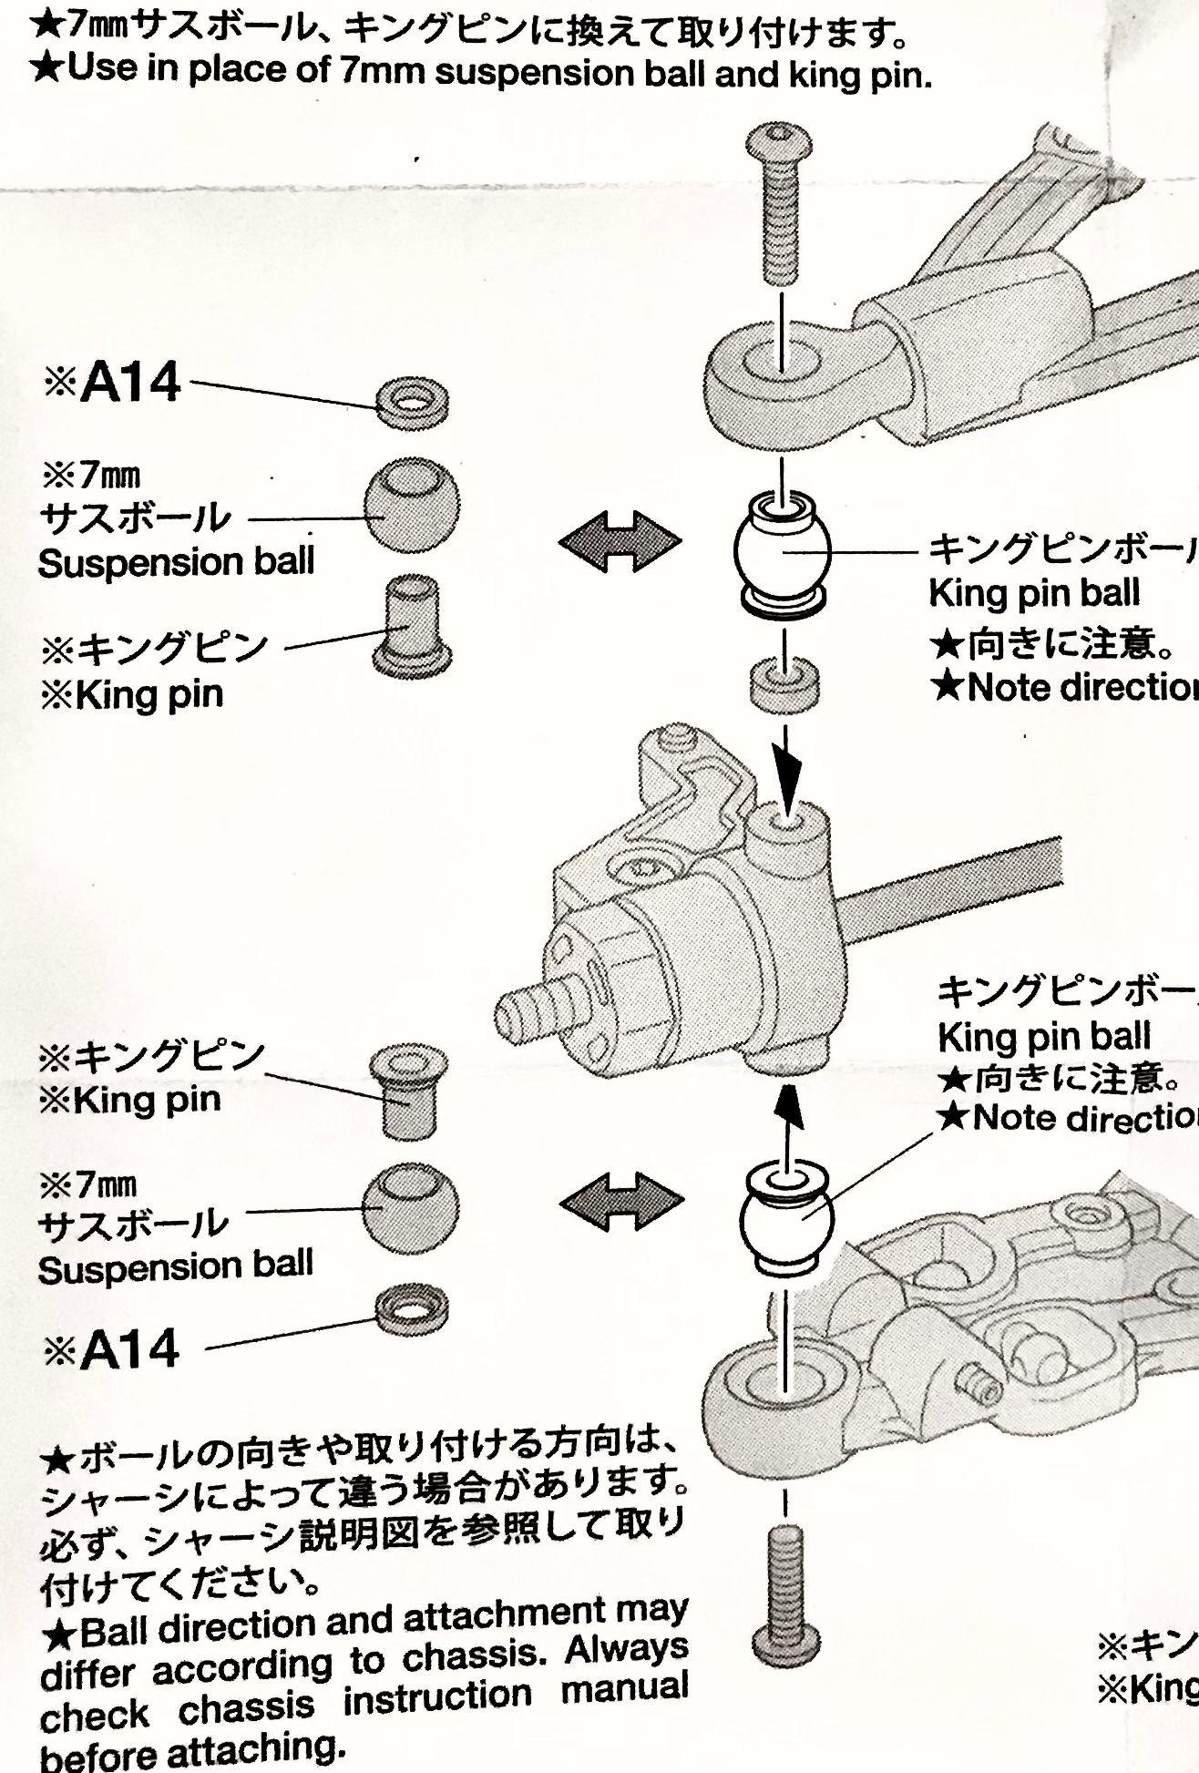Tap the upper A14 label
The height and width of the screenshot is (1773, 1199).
click(130, 384)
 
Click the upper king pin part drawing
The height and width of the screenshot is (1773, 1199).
click(414, 625)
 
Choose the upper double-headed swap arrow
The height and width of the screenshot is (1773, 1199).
click(620, 544)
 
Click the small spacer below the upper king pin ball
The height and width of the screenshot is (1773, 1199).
click(784, 682)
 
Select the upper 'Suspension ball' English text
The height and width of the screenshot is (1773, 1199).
click(176, 562)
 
